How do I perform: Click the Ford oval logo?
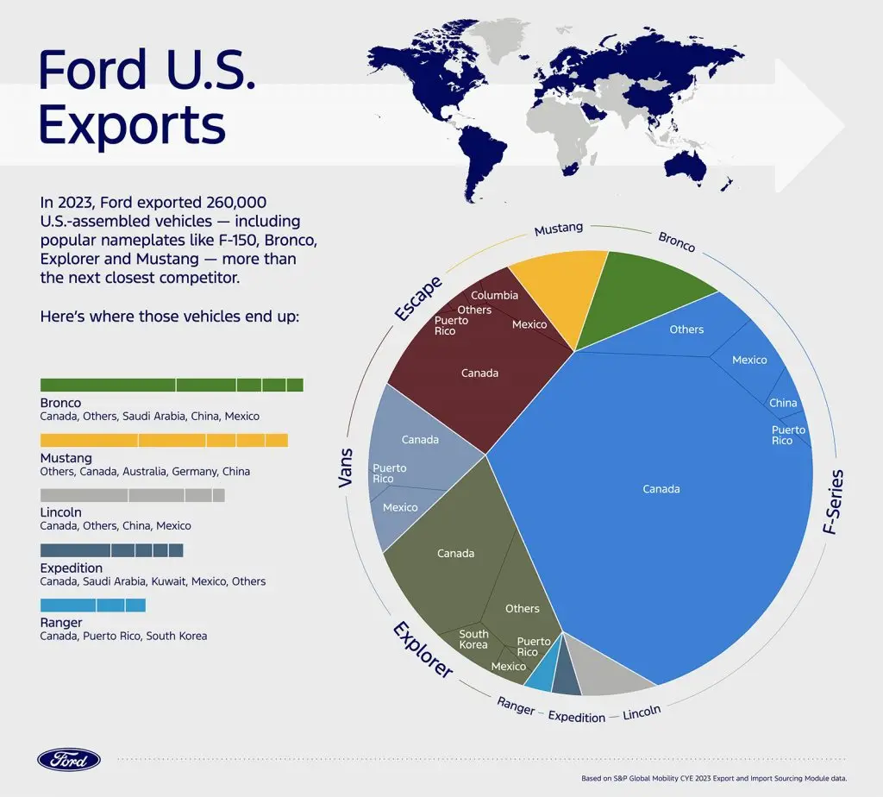(x=69, y=759)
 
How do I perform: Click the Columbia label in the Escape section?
(x=494, y=295)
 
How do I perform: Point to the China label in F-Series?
(x=783, y=403)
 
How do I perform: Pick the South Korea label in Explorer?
(x=473, y=639)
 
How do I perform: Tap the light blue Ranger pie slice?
(x=541, y=673)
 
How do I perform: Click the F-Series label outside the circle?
(x=833, y=503)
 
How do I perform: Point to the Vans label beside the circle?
(x=346, y=467)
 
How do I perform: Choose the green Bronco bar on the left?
(x=172, y=385)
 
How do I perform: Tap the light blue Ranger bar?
(x=93, y=606)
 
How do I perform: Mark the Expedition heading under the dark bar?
(x=72, y=568)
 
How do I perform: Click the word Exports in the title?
(x=132, y=125)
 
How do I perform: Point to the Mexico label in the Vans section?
(x=400, y=507)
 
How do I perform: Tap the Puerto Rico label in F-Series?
(x=788, y=435)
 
